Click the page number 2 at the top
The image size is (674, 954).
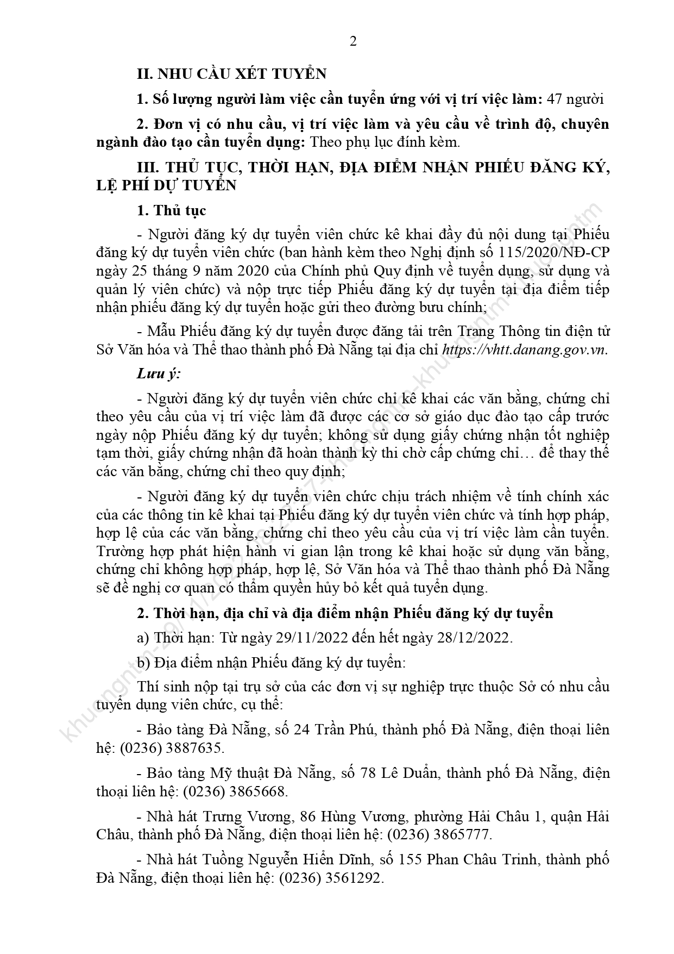click(353, 42)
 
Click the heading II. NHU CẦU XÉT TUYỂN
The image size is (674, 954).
click(231, 74)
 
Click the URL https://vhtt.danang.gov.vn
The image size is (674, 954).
click(525, 350)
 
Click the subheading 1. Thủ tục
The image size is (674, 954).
click(172, 210)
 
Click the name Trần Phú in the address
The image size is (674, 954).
click(345, 729)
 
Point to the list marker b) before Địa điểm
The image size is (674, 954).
click(143, 663)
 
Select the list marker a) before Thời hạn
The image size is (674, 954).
click(143, 638)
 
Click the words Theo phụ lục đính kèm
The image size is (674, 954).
click(384, 142)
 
